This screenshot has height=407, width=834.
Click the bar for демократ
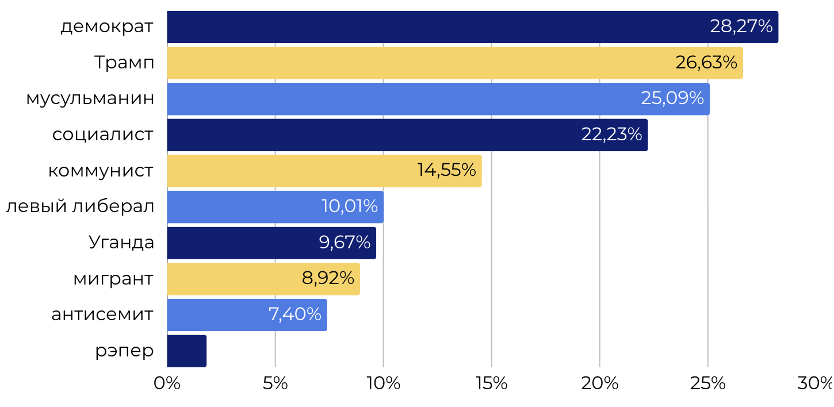(x=437, y=27)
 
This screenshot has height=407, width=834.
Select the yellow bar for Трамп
(x=420, y=63)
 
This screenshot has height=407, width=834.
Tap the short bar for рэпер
(x=186, y=351)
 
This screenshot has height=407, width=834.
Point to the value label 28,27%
(x=741, y=26)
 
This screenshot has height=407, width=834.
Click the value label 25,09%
(x=672, y=98)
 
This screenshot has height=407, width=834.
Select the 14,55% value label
(x=446, y=170)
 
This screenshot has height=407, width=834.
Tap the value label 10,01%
(x=349, y=206)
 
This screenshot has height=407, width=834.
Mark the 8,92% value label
(x=328, y=278)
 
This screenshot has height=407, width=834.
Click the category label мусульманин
(x=90, y=98)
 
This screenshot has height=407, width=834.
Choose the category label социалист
(x=103, y=135)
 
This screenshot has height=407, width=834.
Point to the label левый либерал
(x=80, y=206)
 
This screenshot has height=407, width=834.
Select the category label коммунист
(x=101, y=171)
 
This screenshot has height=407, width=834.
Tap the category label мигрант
(x=113, y=279)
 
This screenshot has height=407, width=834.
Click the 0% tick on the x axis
(x=167, y=384)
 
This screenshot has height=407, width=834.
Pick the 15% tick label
(x=491, y=384)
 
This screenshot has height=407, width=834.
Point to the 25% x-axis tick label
(x=707, y=384)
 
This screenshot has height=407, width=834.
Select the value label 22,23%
(x=611, y=135)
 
